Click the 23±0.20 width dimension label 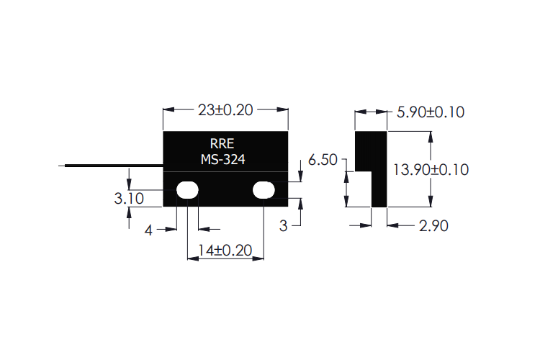225,110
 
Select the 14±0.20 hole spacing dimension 225,250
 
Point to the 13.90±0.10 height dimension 431,169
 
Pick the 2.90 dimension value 433,225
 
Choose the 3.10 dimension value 129,198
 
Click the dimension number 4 148,230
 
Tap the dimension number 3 283,226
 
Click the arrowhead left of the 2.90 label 393,225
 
